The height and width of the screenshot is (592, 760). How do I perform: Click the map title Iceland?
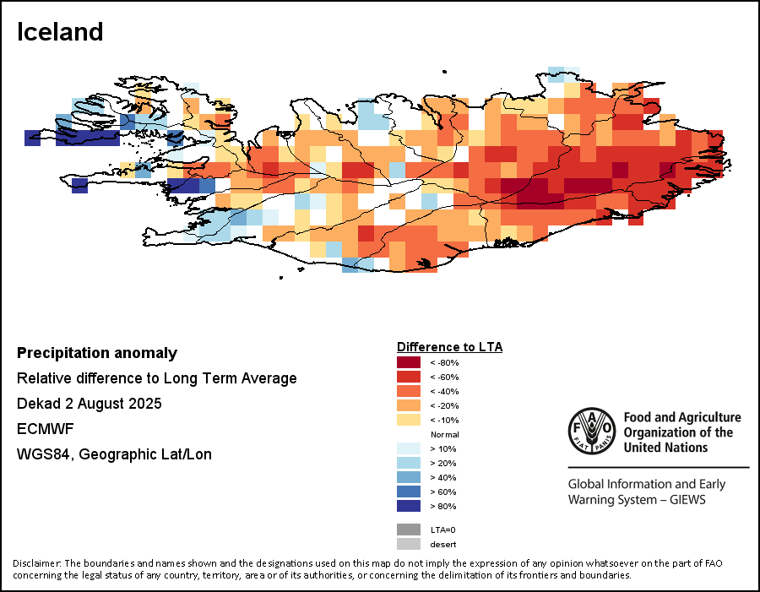coord(60,32)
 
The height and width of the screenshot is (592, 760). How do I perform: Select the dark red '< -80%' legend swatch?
coord(409,362)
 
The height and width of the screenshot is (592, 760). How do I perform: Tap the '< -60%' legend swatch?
coord(409,377)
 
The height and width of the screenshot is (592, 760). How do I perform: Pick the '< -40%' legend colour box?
coord(409,391)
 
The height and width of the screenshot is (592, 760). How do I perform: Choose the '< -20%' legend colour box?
coord(409,405)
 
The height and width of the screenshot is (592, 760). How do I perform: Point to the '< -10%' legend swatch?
coord(409,420)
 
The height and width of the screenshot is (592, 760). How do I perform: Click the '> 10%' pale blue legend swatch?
coord(409,448)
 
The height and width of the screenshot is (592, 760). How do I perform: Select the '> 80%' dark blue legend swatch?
coord(409,506)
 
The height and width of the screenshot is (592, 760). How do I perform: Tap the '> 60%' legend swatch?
coord(409,492)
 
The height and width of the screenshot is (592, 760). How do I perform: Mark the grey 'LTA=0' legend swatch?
coord(409,530)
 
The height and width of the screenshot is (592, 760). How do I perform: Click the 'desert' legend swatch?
coord(409,544)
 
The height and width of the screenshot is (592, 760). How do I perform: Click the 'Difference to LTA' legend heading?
coord(449,347)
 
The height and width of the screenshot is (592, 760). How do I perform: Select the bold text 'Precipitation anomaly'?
coord(97,353)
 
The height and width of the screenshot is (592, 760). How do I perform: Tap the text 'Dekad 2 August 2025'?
coord(89,404)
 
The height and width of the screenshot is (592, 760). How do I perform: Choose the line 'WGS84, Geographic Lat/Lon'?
coord(114,454)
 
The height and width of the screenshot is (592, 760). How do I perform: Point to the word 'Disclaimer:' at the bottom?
coord(36,563)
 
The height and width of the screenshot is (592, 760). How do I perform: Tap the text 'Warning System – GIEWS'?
coord(636,500)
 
